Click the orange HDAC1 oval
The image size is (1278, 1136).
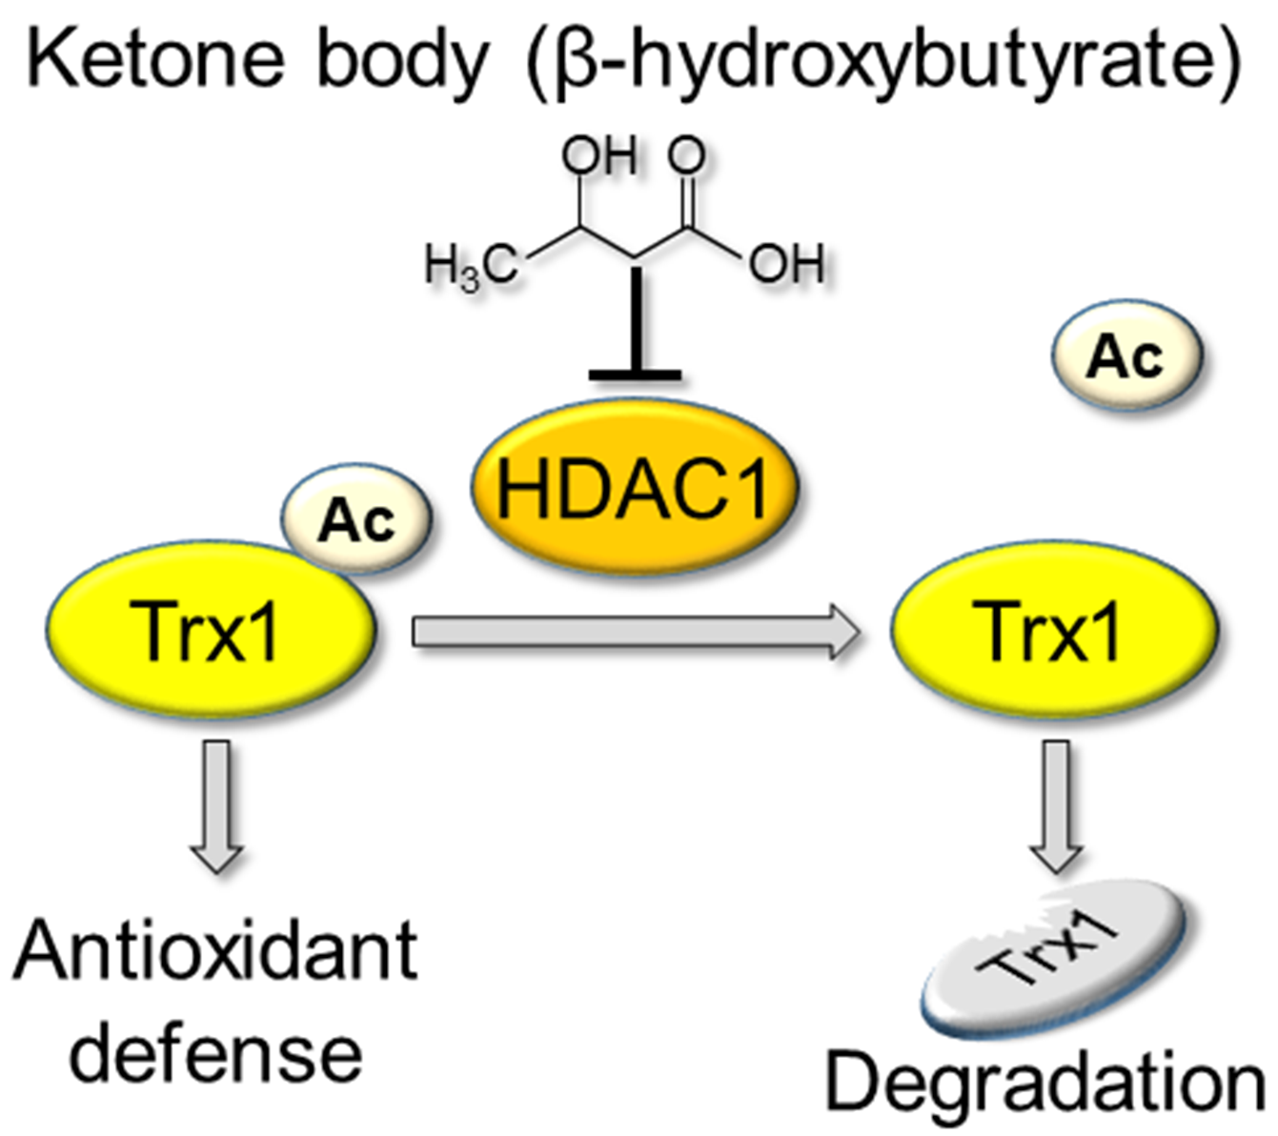pos(634,487)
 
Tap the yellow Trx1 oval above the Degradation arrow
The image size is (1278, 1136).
pos(1053,630)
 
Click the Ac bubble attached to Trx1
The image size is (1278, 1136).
pos(356,519)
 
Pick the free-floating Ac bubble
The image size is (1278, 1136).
pos(1127,356)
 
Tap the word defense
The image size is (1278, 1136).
pos(216,1052)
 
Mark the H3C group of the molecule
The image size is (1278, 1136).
pos(471,268)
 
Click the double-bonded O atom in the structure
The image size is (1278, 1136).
pos(687,156)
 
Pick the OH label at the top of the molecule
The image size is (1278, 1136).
pos(598,155)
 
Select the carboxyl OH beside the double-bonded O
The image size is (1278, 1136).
pos(786,264)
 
